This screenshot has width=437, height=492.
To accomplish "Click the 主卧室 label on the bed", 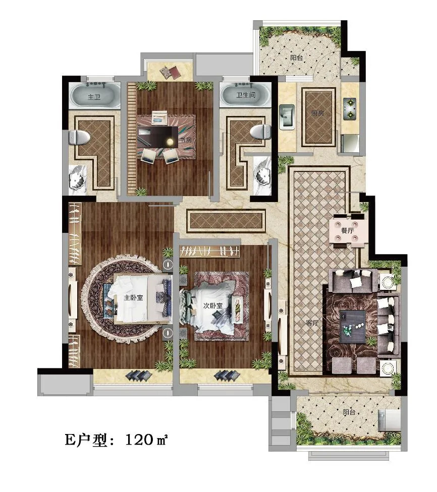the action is tap(133, 297).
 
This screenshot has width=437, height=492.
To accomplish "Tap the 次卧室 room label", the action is tap(212, 305).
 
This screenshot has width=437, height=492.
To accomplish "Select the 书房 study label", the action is tap(185, 140).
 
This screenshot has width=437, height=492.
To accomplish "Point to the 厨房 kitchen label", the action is tap(317, 113).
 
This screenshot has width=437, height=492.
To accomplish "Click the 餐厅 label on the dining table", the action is tap(348, 230).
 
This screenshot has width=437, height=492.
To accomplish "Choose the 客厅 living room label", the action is tap(312, 322).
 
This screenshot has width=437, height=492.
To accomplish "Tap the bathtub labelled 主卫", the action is tap(94, 95).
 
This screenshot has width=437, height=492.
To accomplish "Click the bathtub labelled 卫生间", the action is tap(245, 94).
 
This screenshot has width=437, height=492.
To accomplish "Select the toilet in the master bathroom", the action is tap(80, 138).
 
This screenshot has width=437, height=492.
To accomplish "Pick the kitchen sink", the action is tap(287, 117).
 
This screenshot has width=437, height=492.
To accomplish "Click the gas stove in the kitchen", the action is tap(350, 108).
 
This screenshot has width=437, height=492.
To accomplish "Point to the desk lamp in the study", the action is tap(170, 142).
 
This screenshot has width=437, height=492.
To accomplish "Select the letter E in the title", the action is tap(70, 440).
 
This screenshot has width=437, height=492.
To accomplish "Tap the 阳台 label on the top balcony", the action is tap(296, 58).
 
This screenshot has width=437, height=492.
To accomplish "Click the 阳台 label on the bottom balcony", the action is tap(349, 411).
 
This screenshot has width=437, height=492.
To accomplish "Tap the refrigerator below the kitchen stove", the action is tap(350, 143).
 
